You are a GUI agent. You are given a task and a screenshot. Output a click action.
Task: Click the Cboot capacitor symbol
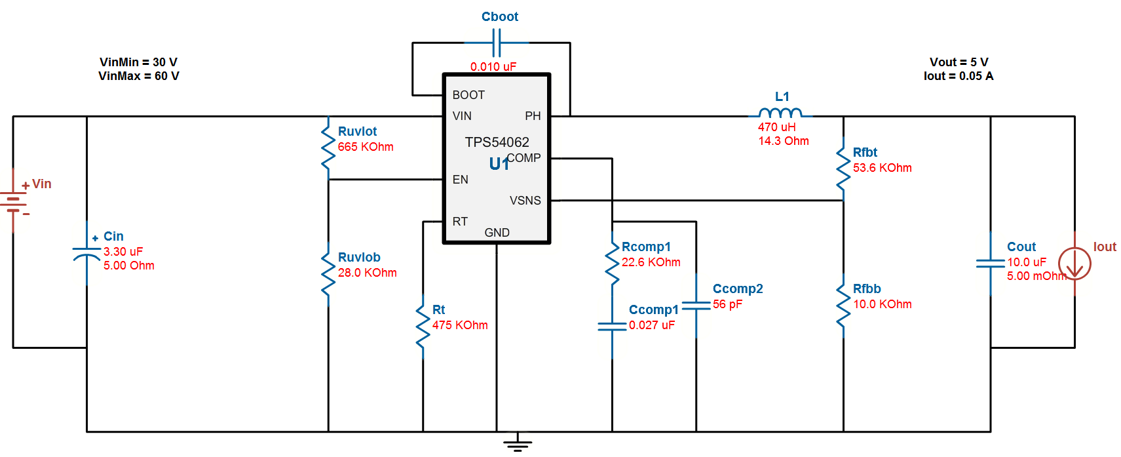coord(497,43)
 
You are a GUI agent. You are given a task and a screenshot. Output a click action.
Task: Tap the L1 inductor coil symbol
coord(780,113)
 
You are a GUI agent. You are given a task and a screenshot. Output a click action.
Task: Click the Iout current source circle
coord(1074,264)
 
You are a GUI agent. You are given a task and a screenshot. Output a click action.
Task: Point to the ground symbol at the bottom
coord(518,444)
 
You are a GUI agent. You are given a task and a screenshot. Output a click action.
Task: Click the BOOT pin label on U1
coord(468,95)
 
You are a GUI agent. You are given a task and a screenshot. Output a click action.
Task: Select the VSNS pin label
coord(525,201)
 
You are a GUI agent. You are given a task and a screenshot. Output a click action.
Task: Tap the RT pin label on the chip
coord(460,222)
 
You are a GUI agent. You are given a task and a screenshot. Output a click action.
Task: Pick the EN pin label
coord(460,180)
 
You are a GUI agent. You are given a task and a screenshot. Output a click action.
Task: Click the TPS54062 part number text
coord(497,142)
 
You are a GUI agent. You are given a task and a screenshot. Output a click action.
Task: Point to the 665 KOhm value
coord(366,147)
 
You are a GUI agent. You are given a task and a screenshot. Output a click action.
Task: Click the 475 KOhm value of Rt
coord(460,325)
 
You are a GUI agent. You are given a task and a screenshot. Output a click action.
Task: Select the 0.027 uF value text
coord(651,325)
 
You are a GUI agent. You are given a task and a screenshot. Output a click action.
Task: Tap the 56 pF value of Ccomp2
coord(727,304)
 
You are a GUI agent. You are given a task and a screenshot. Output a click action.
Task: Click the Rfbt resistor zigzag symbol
coord(843,169)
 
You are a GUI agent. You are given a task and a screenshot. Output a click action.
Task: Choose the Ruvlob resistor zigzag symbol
coord(328,274)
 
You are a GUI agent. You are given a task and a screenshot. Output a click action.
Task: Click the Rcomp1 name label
coord(646,247)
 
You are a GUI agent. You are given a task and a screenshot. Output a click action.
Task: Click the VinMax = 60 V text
coord(139,76)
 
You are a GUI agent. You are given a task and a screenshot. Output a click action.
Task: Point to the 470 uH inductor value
coord(776,127)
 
